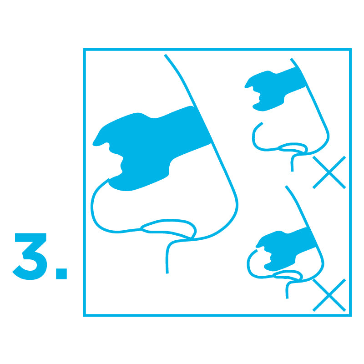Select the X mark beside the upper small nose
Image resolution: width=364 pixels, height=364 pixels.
click(x=329, y=172)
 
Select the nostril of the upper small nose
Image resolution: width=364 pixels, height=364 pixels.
click(x=293, y=148)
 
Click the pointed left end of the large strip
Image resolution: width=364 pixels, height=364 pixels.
click(x=95, y=142)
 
